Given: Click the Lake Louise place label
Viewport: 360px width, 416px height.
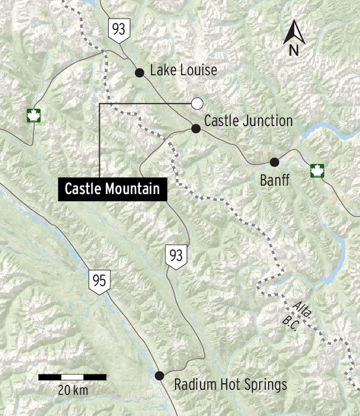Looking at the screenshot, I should [x=183, y=71].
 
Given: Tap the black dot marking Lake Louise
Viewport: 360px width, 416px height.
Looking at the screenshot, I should [x=139, y=73].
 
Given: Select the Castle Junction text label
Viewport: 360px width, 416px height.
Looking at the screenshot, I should [x=248, y=121].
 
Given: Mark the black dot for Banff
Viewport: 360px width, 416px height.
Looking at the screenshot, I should [x=274, y=162].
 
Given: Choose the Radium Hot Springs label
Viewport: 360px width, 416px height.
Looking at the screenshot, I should [x=231, y=385].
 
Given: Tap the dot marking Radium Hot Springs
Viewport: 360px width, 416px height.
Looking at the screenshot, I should [x=160, y=375].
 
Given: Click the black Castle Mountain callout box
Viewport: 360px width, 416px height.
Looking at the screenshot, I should [x=112, y=189].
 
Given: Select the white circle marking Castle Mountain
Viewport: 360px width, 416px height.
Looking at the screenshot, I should [x=197, y=103].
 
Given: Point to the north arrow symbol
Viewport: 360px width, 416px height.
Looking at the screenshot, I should [x=294, y=38].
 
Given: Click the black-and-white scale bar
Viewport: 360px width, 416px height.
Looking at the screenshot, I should [x=73, y=377].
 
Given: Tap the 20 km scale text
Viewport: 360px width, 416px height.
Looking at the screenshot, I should [x=73, y=390].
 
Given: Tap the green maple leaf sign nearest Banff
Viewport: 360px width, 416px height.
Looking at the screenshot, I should [x=316, y=171].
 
